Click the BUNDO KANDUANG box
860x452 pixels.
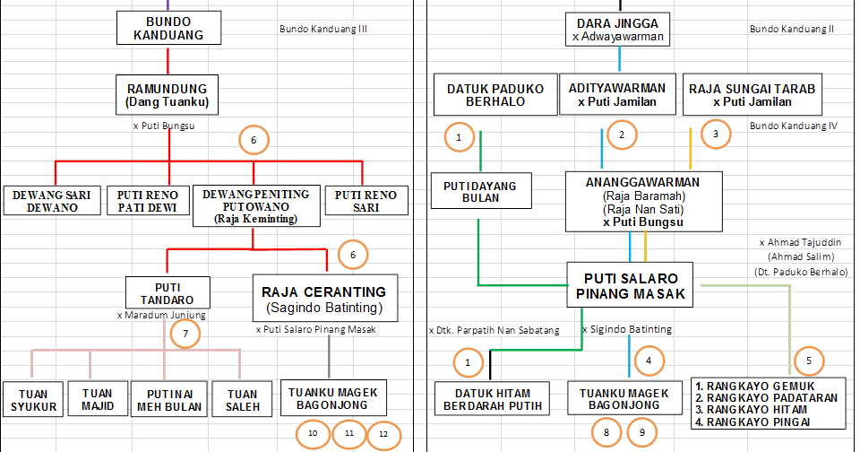point(168,28)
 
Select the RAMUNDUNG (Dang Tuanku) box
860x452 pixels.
point(168,96)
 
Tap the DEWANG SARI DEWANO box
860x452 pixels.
point(52,200)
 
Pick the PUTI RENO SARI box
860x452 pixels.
point(365,200)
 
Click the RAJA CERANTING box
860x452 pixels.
point(323,299)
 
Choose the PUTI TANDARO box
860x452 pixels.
point(168,292)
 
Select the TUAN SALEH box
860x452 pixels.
point(241,400)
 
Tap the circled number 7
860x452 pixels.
point(185,334)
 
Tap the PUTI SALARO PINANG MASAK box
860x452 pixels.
point(631,284)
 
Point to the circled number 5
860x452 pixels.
point(809,360)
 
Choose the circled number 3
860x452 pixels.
point(716,135)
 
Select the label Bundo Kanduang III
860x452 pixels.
point(323,29)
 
